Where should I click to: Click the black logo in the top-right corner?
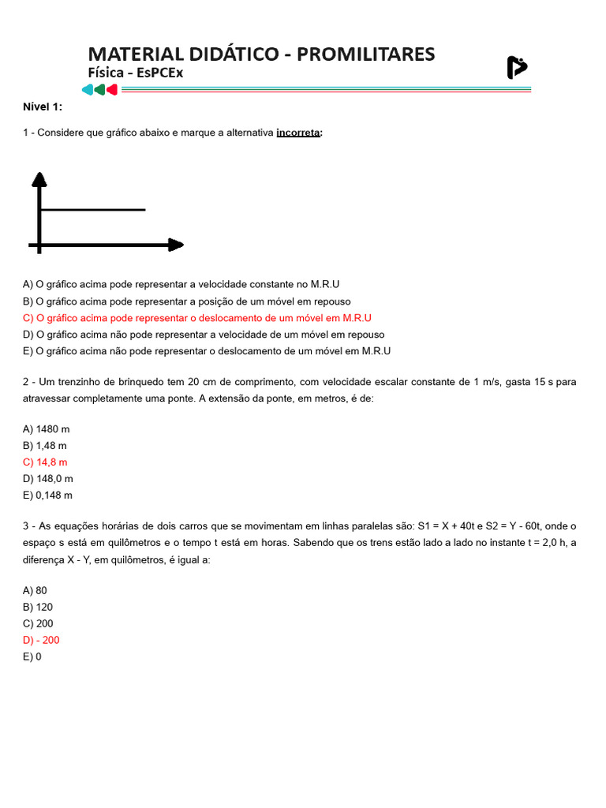click(516, 68)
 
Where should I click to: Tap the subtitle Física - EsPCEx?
click(135, 73)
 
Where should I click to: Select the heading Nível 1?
click(43, 107)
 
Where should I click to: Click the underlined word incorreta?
click(298, 133)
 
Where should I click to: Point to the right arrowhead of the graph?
click(175, 245)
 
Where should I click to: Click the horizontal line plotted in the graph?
click(93, 210)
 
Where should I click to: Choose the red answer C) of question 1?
click(197, 318)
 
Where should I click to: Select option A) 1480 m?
click(47, 429)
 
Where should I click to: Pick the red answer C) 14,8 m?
click(46, 462)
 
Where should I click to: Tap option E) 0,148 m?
click(47, 496)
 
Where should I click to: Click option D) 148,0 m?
click(48, 479)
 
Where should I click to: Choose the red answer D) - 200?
click(42, 640)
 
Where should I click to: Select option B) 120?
click(38, 607)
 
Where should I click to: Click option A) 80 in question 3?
click(36, 590)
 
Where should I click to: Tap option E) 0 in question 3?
click(32, 656)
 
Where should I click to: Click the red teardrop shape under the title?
click(112, 89)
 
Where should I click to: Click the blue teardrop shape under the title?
click(87, 89)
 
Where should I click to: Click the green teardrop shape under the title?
click(99, 89)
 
